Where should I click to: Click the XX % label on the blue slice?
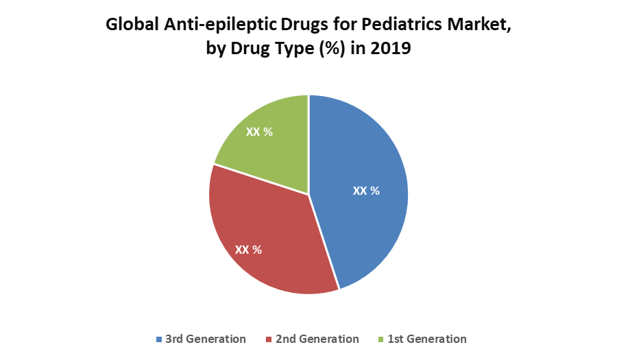366,191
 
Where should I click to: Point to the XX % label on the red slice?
248,250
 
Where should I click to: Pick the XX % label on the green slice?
259,132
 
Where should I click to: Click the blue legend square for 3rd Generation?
160,339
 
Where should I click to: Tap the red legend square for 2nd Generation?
270,339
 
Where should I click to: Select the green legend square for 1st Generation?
382,339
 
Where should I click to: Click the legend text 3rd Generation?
205,339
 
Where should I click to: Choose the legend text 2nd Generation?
317,339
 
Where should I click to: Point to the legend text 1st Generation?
427,339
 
